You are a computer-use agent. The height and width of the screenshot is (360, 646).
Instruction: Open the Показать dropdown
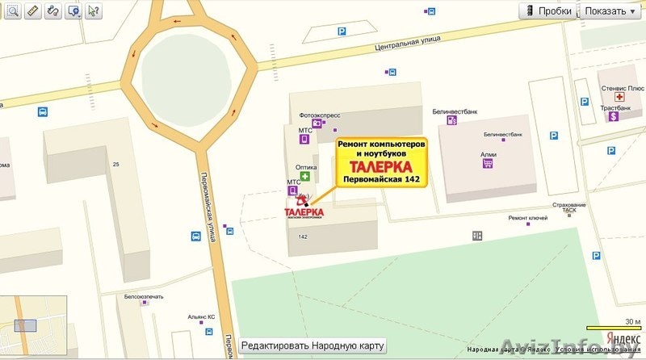(610, 11)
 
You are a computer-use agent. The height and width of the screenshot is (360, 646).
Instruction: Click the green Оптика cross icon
(305, 177)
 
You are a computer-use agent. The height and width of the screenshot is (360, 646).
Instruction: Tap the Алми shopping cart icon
(488, 163)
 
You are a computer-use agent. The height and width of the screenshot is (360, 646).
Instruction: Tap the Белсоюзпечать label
(144, 296)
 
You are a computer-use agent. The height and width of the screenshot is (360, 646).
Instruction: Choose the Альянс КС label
(200, 317)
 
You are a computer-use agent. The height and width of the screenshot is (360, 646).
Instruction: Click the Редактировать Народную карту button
(313, 345)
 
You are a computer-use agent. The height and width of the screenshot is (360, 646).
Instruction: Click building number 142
(303, 237)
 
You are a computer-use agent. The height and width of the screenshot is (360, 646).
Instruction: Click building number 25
(116, 165)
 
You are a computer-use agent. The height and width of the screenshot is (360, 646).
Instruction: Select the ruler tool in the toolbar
(32, 11)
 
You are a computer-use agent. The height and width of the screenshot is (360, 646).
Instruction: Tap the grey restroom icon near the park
(477, 235)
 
